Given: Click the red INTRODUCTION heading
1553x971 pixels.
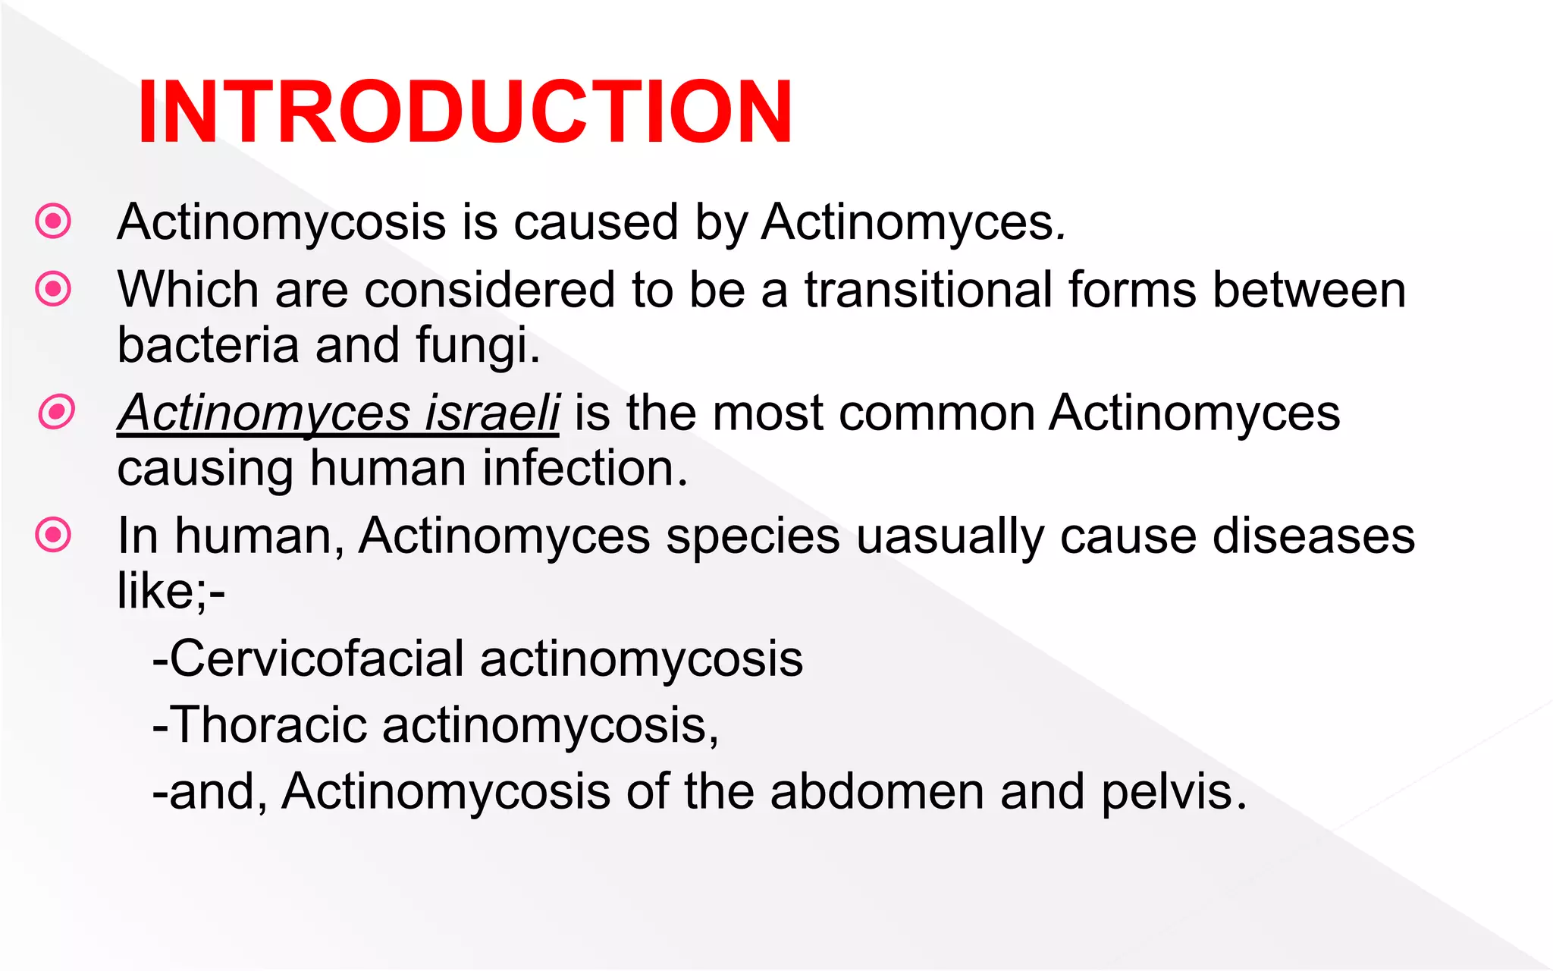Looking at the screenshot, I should (465, 112).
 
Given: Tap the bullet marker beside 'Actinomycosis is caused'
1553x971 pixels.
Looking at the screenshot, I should (53, 222).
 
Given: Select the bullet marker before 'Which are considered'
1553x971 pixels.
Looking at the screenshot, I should (53, 288).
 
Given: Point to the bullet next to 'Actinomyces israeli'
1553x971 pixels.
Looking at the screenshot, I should (56, 412).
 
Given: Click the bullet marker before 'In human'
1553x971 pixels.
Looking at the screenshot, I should (53, 535).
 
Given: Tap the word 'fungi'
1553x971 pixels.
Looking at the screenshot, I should (475, 346).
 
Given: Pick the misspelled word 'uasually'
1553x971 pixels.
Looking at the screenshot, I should (949, 537).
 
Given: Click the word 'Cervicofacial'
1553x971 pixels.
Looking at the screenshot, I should (316, 658).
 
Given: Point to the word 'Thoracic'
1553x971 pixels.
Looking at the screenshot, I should (270, 724).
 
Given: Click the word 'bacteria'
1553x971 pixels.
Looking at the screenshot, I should (208, 345).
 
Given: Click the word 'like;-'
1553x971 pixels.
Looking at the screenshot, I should (171, 591).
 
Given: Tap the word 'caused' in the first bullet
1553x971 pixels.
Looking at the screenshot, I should (595, 222).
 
